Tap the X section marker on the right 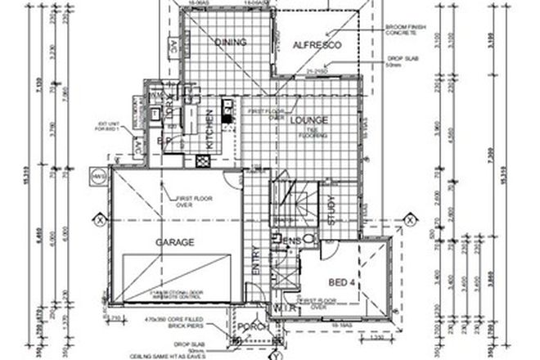[x=408, y=219]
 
